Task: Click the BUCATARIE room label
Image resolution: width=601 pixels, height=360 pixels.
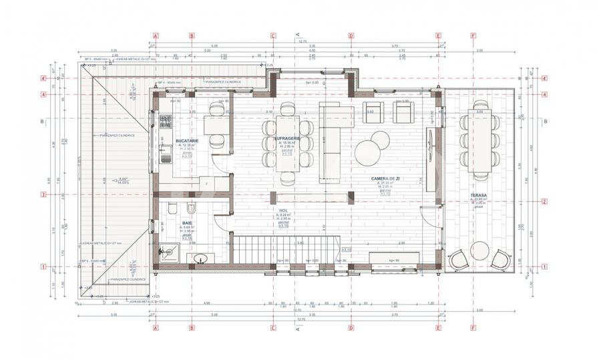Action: tap(185, 142)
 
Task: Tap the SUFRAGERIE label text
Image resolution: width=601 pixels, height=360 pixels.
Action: tap(286, 138)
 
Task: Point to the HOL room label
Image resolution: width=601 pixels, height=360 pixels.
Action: tap(283, 210)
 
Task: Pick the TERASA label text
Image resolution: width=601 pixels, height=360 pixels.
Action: tap(478, 196)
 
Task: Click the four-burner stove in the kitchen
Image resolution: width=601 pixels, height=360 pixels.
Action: tap(165, 120)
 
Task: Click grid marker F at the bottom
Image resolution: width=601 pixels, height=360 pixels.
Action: tap(473, 328)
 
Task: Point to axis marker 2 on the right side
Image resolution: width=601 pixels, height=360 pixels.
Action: tap(545, 202)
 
